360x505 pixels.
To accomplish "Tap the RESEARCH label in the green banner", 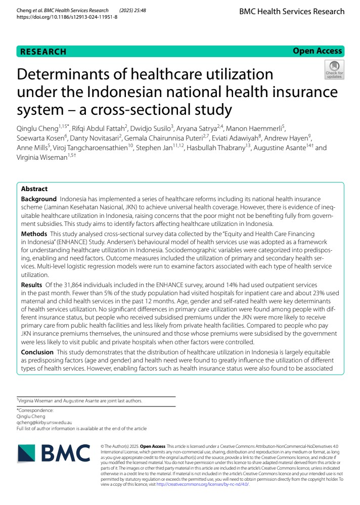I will point(43,52).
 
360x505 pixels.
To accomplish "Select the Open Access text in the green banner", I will point(318,51).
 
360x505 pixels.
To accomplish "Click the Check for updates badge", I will point(334,70).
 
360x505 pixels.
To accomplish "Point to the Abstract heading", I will point(34,189).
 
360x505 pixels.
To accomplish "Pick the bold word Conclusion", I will point(37,352).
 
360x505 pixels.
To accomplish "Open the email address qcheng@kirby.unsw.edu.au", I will point(44,422).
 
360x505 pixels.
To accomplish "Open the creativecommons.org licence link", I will point(202,484).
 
